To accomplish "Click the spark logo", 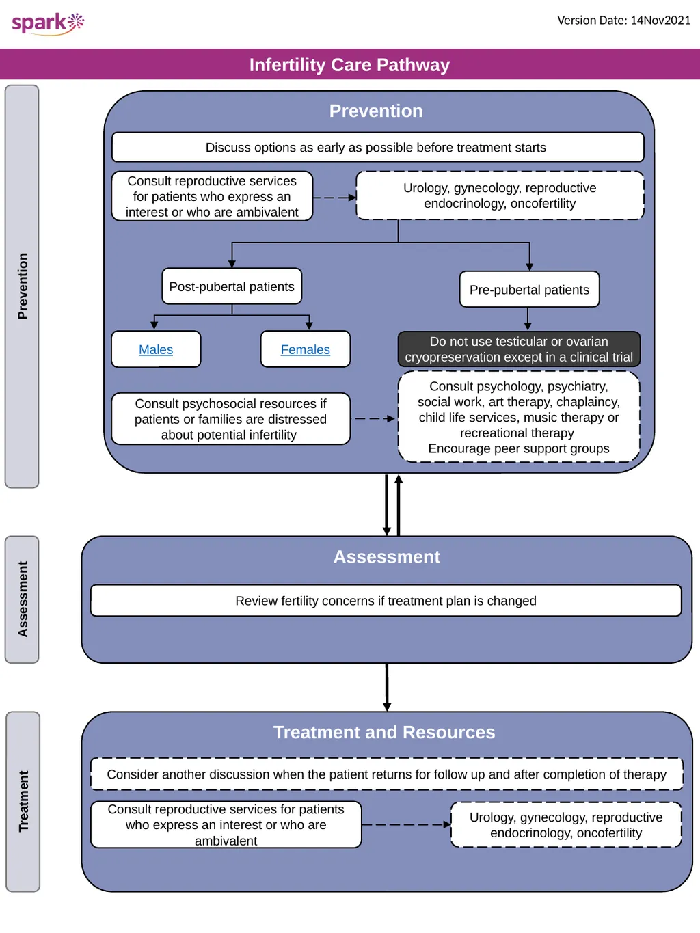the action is tap(48, 24).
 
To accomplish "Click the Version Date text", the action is tap(623, 20).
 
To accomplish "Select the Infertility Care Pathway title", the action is tap(349, 65).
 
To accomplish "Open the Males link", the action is tap(156, 349).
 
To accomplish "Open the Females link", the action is tap(305, 349).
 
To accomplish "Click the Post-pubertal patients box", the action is tap(232, 286).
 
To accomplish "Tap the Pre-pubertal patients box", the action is tap(529, 289).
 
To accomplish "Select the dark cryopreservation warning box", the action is tap(519, 349).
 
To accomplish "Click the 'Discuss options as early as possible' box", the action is tap(378, 147).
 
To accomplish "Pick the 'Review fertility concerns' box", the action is tap(386, 601).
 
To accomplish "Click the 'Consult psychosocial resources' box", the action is tap(231, 419).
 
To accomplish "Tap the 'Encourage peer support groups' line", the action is tap(519, 448).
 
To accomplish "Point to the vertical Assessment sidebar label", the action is tap(23, 599).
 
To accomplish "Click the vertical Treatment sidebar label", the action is tap(23, 801).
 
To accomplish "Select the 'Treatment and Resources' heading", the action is tap(384, 732).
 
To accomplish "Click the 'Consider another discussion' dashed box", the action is tap(387, 774).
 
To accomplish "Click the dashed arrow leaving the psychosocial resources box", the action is tap(375, 419).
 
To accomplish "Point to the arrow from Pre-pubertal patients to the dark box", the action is tap(528, 319).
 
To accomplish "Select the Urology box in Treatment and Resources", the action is tap(566, 824).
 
